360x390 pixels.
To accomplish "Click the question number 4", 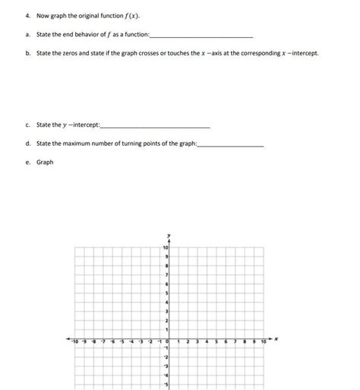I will tap(27, 16).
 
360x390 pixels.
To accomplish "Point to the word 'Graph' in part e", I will tap(45, 162).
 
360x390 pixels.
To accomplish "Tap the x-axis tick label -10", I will tap(74, 343).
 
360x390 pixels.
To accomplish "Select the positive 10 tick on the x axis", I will tap(263, 343).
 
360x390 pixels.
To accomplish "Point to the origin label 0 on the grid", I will tap(166, 343).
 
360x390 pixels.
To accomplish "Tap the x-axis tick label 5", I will tap(216, 343).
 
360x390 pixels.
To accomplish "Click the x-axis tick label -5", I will tap(121, 343).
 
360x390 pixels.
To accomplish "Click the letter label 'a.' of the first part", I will tap(27, 35).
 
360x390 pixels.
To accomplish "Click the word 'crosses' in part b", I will tap(160, 55).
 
